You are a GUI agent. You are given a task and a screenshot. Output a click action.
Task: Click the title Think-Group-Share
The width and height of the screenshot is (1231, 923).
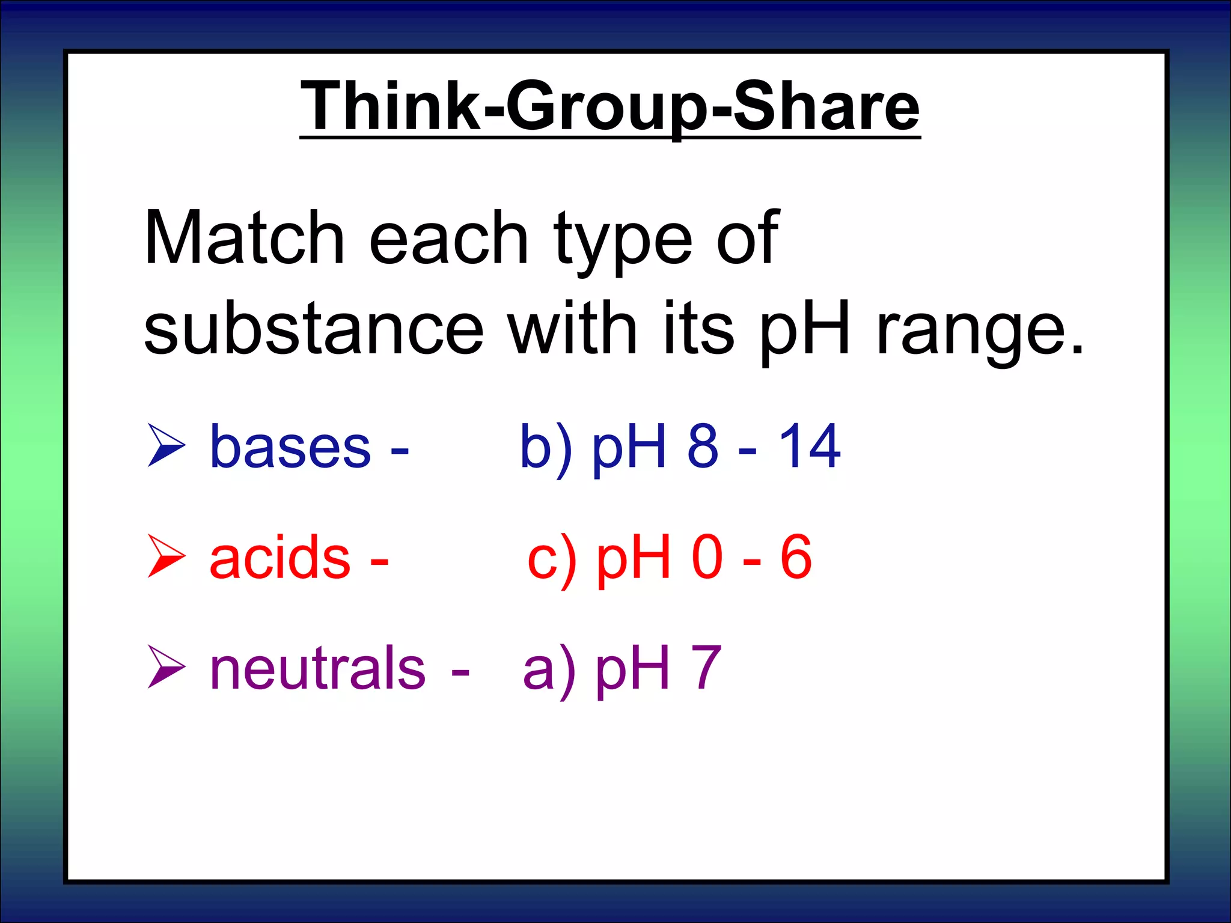point(609,106)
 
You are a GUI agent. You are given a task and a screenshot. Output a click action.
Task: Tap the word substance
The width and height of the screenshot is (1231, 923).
point(313,329)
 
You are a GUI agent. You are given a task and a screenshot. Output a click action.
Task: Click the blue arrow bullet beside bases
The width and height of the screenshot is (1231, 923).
point(166,445)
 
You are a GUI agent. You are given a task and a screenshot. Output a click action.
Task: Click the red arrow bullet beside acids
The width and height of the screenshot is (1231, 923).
point(166,556)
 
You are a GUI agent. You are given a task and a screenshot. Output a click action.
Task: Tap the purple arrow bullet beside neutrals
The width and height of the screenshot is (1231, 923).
point(166,666)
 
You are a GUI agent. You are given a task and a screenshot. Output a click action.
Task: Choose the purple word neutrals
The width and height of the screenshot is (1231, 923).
point(317,668)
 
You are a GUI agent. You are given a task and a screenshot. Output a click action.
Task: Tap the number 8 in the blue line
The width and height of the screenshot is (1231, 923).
point(703,446)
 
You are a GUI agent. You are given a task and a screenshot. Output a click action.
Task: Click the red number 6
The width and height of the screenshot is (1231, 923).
point(796,557)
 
